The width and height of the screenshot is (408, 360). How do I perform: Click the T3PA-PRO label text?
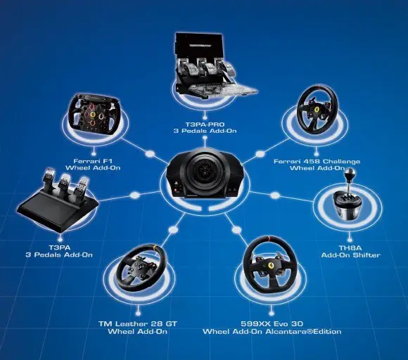click(205, 124)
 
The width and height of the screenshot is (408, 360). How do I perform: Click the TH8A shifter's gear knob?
click(350, 172)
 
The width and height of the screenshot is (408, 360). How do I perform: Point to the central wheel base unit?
click(205, 174)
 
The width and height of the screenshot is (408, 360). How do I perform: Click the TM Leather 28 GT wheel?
click(141, 267)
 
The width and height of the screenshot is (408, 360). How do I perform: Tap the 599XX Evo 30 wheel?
click(270, 265)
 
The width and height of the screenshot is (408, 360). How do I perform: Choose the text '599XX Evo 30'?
click(272, 324)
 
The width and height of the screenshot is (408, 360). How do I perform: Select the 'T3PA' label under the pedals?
click(59, 247)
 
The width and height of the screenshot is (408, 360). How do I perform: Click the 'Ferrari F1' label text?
click(93, 161)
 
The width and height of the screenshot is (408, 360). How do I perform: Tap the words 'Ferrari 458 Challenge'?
click(317, 162)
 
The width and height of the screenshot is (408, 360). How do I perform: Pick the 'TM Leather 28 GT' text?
click(138, 324)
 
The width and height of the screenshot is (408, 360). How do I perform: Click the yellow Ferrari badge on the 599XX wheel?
click(270, 265)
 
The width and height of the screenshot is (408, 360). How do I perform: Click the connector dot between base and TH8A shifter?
click(274, 195)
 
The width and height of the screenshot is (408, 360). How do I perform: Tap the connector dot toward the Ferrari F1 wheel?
click(150, 154)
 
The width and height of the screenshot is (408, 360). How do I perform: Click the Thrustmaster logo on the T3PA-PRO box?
click(200, 46)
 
